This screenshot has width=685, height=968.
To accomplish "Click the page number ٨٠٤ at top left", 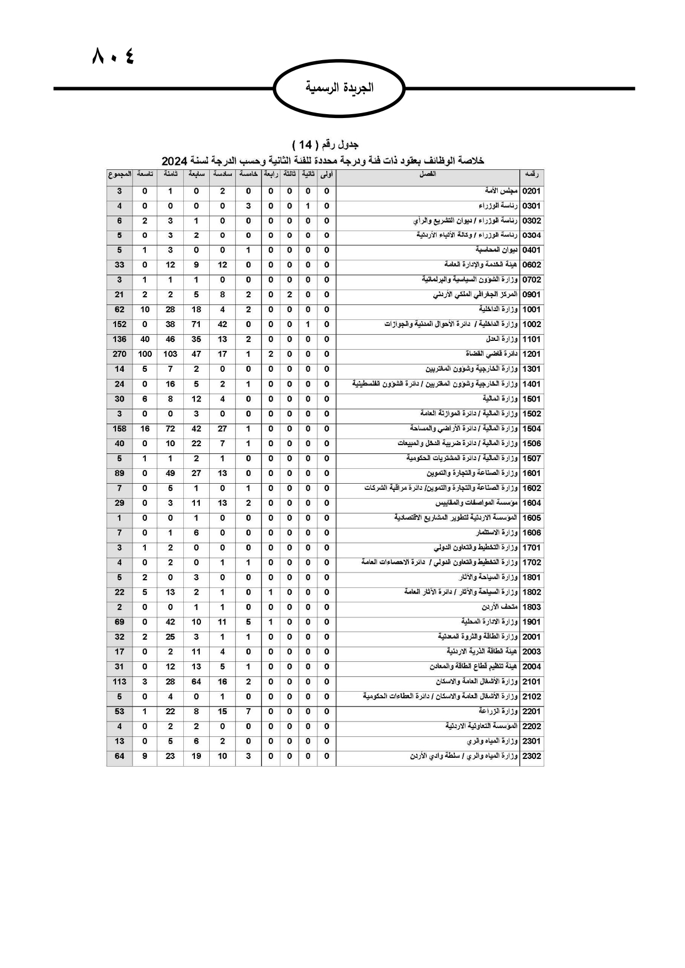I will click(113, 56).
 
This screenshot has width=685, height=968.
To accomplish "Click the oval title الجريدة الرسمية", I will click(339, 88).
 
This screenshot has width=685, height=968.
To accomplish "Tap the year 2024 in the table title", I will click(175, 161).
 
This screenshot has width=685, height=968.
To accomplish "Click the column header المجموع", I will click(119, 174).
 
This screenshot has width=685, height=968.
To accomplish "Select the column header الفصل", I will click(428, 174).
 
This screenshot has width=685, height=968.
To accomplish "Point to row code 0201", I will click(532, 191).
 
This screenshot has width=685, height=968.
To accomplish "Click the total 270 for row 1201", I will click(119, 354).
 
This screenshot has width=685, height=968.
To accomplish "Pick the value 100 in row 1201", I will click(145, 354).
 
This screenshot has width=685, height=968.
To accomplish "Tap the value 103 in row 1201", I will click(170, 354).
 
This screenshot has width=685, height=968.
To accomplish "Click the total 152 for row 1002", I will click(119, 324).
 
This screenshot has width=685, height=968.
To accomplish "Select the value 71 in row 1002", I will click(196, 324).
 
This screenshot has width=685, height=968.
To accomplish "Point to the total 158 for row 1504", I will click(119, 429).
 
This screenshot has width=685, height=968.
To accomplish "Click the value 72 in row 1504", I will click(170, 429).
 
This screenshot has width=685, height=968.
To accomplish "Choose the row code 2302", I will click(532, 756).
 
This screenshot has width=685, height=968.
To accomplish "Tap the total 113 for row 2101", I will click(119, 682).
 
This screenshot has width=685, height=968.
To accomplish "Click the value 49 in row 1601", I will click(170, 473).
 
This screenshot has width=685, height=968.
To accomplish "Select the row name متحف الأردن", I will click(503, 607).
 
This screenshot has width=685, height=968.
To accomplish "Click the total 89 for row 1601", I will click(119, 473).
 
